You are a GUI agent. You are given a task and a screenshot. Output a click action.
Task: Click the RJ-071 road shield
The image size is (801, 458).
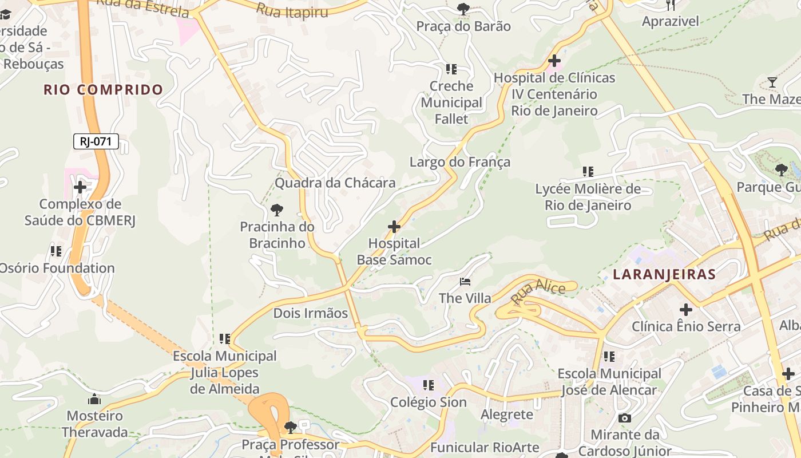click(x=96, y=141)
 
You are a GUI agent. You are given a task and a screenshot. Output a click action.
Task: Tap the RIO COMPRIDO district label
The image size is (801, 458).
click(x=103, y=90)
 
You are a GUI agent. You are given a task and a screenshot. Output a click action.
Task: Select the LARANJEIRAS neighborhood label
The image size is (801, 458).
click(x=664, y=274)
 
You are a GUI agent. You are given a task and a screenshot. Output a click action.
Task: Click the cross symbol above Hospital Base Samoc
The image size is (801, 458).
click(x=394, y=227)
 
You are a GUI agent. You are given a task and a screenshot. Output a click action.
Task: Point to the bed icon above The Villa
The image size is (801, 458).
click(x=465, y=282)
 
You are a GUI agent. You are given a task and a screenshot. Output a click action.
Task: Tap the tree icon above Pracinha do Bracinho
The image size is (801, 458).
click(x=277, y=210)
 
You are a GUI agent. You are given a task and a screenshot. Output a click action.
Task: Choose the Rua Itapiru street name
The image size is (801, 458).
click(x=292, y=10)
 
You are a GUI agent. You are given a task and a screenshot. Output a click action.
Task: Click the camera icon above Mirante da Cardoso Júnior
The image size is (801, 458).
click(x=625, y=418)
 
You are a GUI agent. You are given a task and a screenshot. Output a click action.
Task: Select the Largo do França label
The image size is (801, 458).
click(x=459, y=162)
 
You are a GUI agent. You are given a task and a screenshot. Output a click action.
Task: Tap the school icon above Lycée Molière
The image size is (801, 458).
click(x=588, y=171)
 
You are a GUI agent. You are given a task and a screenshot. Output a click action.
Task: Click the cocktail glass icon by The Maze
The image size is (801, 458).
click(x=772, y=82)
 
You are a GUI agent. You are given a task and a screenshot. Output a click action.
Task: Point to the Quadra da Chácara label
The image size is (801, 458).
click(x=335, y=183)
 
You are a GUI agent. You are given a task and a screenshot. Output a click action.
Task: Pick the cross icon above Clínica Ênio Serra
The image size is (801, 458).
click(x=685, y=310)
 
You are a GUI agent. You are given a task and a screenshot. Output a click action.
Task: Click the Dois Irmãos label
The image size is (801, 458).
click(x=310, y=313)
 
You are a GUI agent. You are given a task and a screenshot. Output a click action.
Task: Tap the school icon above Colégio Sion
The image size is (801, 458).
click(x=428, y=385)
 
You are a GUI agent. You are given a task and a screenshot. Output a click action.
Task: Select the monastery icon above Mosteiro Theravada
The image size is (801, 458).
click(x=94, y=399)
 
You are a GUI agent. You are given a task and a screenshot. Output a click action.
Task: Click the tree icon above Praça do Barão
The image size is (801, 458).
click(x=463, y=9)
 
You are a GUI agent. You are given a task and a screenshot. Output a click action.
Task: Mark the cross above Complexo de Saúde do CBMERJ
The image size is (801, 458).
click(x=80, y=187)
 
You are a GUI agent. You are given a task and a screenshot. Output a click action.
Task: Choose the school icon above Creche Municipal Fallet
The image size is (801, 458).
click(x=451, y=69)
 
